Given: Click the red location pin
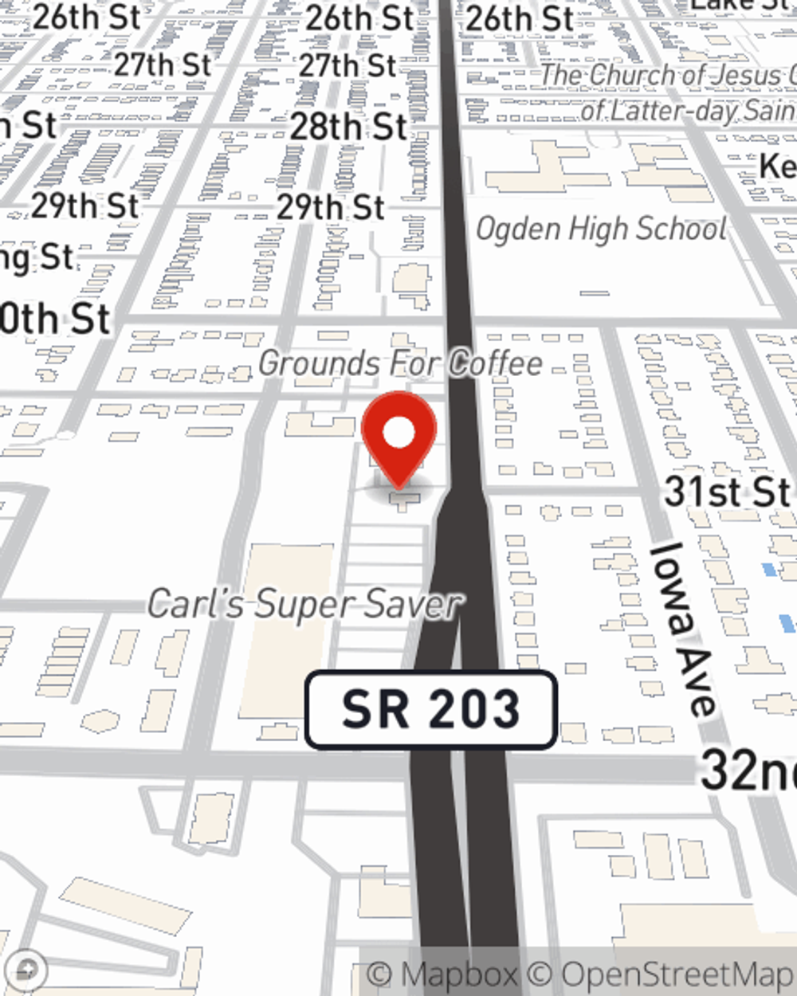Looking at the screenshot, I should coord(398,435).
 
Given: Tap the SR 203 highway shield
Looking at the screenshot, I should coord(430,710).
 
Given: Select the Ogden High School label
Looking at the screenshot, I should coord(601,229).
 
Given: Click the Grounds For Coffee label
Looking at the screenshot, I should coord(400,364).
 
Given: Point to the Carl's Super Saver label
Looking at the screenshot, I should coord(304,604).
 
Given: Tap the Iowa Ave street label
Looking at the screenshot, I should coord(681,629).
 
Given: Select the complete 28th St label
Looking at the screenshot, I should coord(348,127).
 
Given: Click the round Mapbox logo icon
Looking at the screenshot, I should coord(26,970).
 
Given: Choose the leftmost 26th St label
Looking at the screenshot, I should coord(87,18).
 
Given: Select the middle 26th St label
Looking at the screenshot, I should coord(359,18).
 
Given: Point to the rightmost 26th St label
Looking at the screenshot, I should coord(520,19).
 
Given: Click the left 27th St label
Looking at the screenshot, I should coord(163,65).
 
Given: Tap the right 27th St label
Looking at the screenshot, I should coord(347,65).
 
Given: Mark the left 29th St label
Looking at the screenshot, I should coord(85,206).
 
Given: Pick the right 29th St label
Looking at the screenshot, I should coord(331,207).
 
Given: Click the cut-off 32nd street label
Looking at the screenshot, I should coord(748,771).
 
